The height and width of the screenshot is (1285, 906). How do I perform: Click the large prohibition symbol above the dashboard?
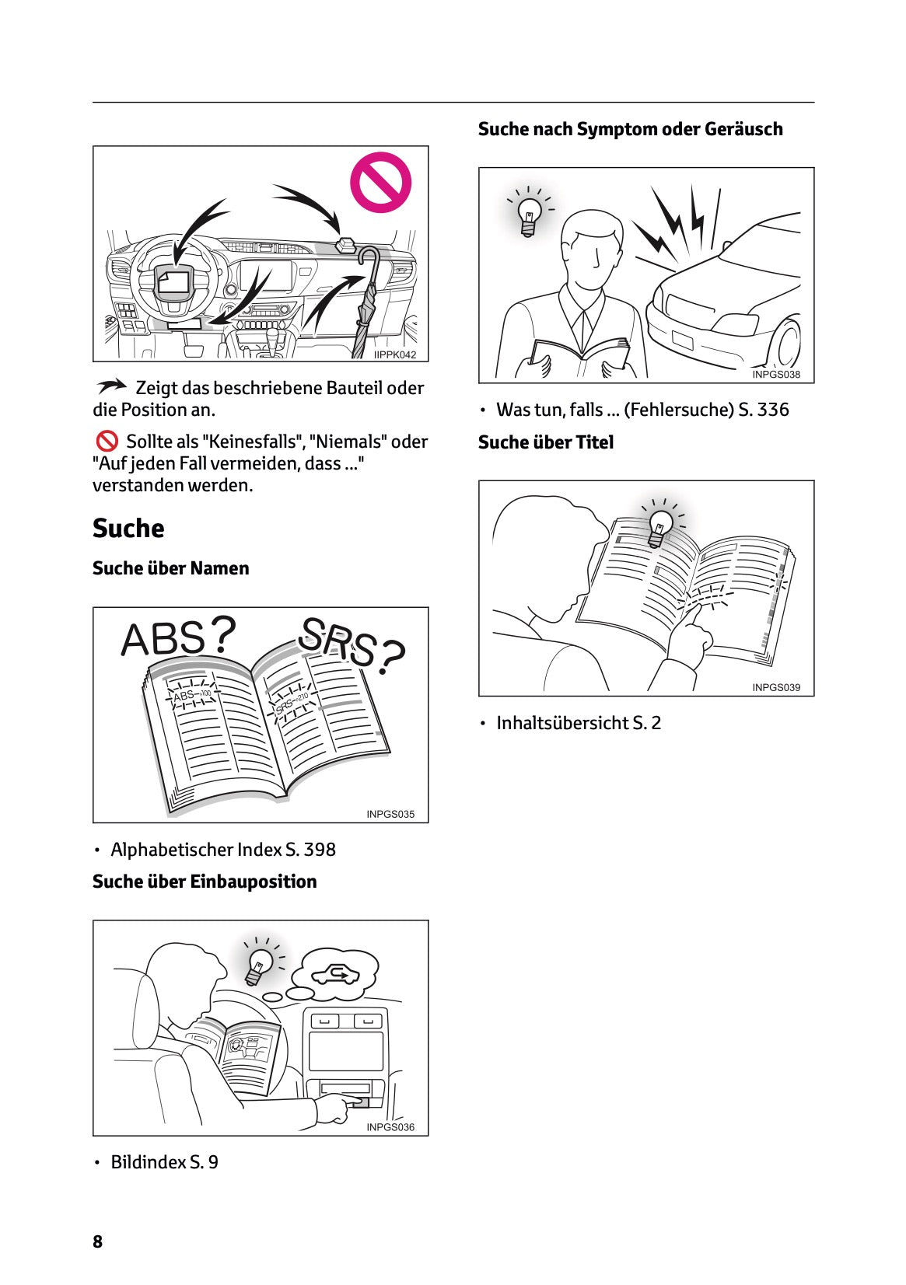click(380, 183)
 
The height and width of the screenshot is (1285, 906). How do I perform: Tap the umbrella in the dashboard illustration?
click(366, 304)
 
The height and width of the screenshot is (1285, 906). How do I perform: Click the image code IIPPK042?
click(395, 354)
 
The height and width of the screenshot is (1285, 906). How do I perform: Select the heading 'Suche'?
click(128, 529)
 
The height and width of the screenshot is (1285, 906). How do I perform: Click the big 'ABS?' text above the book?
click(178, 638)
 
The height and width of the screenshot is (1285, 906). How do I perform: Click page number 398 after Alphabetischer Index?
click(320, 850)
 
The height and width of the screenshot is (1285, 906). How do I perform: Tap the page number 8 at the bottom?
click(97, 1241)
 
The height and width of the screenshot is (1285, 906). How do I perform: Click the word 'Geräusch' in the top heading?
click(743, 129)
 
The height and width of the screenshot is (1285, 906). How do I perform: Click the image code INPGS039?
click(775, 687)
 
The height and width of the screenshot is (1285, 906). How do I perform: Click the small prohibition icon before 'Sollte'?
click(107, 442)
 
